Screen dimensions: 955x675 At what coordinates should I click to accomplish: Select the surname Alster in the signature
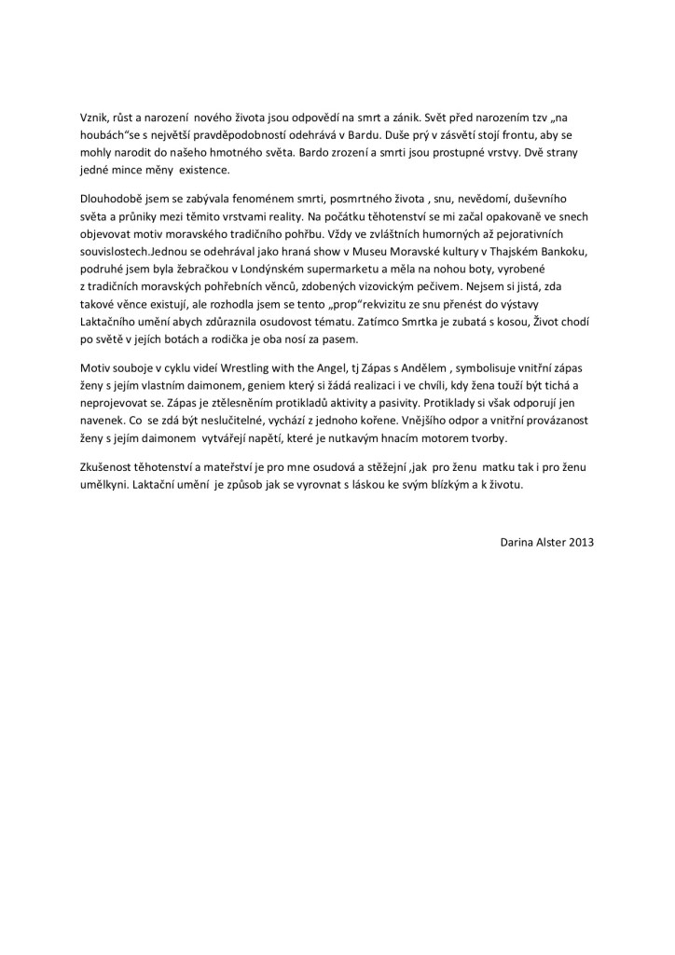tap(545, 540)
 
